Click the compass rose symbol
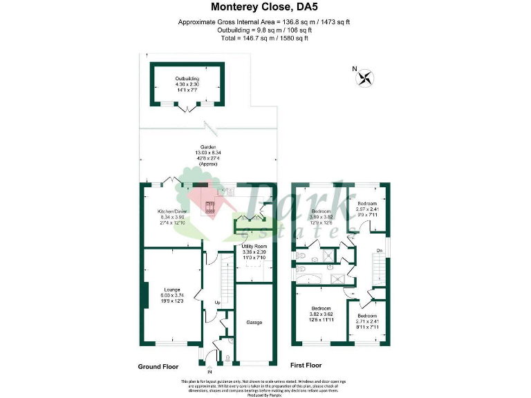[364, 77]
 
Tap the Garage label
[254, 322]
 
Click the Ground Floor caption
[160, 366]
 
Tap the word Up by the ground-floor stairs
[217, 303]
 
